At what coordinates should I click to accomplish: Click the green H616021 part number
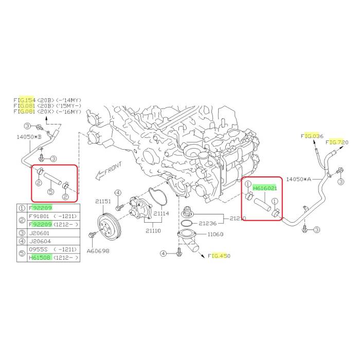pos(265,188)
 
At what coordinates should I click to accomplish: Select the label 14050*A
pos(298,179)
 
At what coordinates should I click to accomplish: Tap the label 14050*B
pos(29,137)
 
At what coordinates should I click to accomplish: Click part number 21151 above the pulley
pos(103,202)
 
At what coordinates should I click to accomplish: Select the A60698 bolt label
pos(98,251)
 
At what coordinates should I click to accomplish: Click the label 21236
pos(208,223)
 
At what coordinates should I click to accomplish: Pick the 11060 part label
pos(215,234)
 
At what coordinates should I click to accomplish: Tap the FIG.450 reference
pos(219,256)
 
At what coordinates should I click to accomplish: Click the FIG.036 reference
pos(312,136)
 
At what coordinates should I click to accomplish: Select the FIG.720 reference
pos(337,142)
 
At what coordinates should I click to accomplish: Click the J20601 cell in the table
pos(39,233)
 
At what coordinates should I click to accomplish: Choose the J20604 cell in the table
pos(40,241)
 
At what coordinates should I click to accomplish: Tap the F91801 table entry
pos(39,217)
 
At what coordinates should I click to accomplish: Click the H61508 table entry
pos(40,258)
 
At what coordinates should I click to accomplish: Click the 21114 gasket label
pos(161,213)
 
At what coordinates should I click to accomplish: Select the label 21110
pos(153,230)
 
